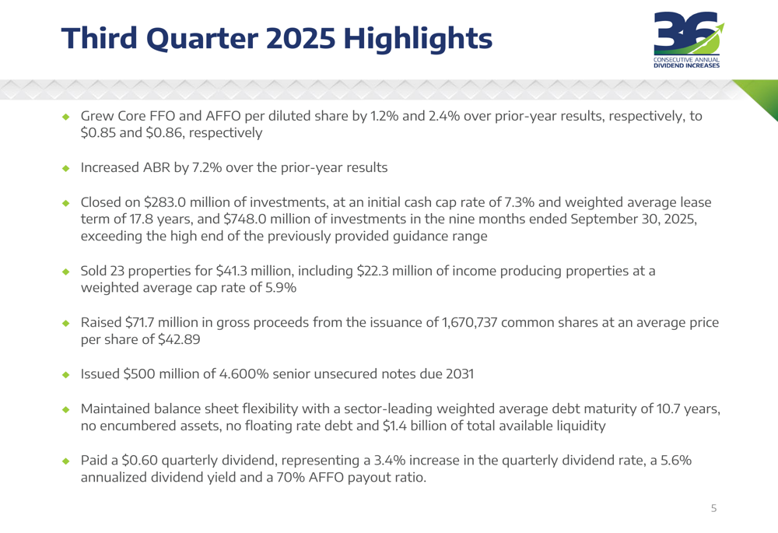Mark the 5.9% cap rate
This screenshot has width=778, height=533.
(279, 288)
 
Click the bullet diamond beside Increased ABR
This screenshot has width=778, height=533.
(66, 168)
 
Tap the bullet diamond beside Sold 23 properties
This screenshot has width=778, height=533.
(66, 272)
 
